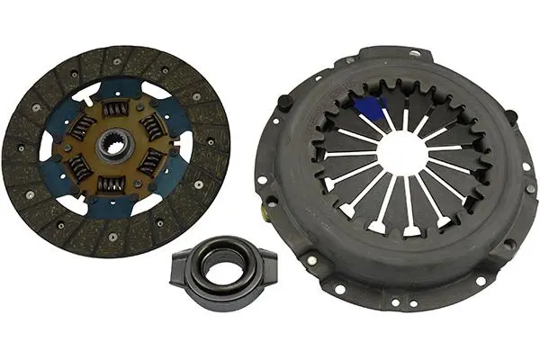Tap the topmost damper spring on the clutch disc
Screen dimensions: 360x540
click(116, 109)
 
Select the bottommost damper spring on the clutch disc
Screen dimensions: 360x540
click(112, 184)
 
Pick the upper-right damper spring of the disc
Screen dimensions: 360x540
click(149, 126)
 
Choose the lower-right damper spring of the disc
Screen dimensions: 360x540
click(149, 163)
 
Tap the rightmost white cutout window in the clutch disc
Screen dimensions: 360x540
click(184, 147)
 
